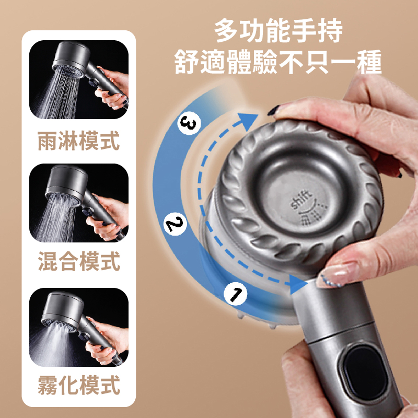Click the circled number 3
pos(189,123)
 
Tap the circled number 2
pos(175,224)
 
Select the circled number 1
pos(236,294)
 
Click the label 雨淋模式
pos(78,141)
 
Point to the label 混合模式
pos(79,261)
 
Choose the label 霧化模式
pos(79,385)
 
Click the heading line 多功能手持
pos(278,30)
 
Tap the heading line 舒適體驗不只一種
pos(278,62)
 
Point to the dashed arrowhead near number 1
pos(297,284)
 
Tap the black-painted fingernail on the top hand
pos(273,110)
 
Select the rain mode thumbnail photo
pos(79,79)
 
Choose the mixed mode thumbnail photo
pos(79,203)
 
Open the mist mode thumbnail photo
pos(79,327)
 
